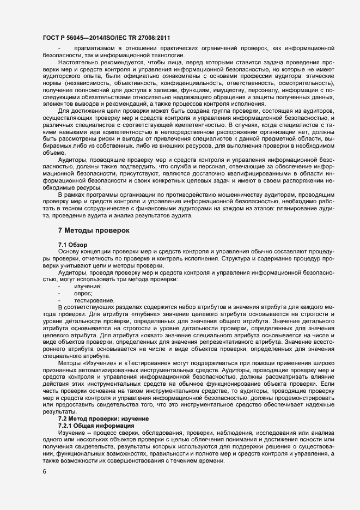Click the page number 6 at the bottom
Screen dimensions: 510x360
point(44,472)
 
